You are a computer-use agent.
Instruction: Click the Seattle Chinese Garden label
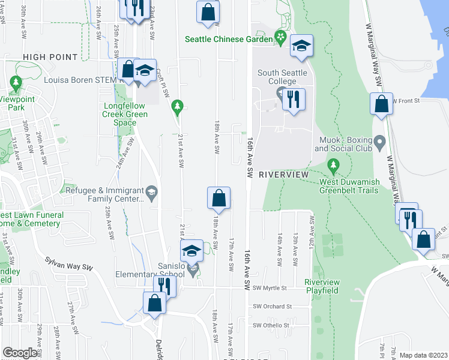(228, 38)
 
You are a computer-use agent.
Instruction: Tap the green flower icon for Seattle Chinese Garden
(280, 38)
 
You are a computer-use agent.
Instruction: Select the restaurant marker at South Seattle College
(293, 100)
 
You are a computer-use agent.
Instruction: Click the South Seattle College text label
(282, 77)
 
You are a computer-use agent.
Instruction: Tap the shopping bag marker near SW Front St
(382, 104)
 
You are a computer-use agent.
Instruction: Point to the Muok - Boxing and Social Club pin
(379, 142)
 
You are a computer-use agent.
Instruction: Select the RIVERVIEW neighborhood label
(283, 174)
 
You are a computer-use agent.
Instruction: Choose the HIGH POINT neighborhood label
(50, 57)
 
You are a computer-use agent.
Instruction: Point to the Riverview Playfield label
(322, 286)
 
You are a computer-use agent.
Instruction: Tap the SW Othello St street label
(271, 326)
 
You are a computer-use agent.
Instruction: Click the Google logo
(20, 353)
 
